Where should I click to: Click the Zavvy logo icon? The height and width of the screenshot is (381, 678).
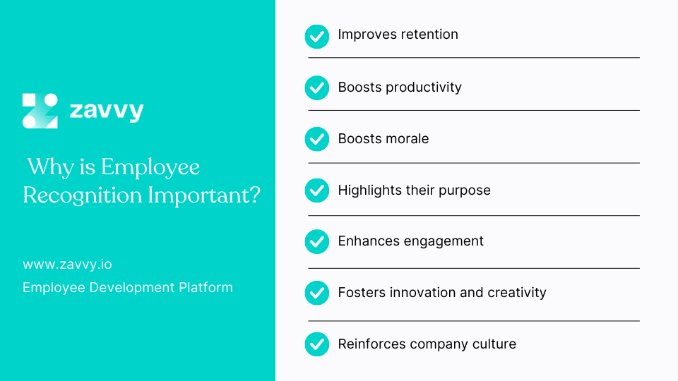click(40, 111)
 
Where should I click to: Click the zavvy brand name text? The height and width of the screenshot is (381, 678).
click(107, 111)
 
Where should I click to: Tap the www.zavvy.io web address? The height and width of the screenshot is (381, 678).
click(67, 265)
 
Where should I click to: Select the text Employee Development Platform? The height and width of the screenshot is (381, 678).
click(128, 287)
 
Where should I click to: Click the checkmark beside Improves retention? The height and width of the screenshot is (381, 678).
click(317, 36)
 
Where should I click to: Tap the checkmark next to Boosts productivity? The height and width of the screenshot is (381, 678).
click(317, 88)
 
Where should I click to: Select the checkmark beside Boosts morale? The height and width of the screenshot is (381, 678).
click(317, 139)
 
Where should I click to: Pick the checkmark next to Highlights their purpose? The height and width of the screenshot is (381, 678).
click(317, 190)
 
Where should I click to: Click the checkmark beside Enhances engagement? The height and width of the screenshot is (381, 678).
click(317, 242)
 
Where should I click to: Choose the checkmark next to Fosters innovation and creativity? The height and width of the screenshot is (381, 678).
click(317, 293)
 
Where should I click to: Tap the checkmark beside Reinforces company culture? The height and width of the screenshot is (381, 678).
click(317, 344)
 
